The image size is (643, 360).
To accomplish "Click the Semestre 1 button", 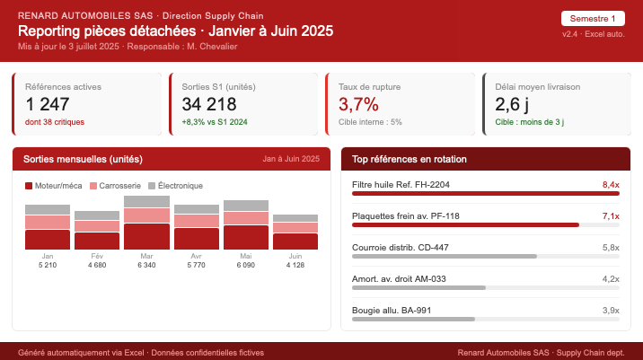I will (593, 18).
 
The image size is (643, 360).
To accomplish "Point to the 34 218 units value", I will (208, 104).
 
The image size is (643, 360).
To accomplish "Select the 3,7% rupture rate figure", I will (358, 104).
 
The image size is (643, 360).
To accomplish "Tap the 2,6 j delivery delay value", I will (512, 104).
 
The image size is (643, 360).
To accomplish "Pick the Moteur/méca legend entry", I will (53, 186).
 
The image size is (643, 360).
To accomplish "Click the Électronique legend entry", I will (175, 186).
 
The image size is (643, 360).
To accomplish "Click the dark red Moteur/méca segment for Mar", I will (146, 236).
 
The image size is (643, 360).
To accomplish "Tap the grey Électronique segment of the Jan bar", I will (48, 210).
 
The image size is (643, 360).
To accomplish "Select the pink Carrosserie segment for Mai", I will (246, 218).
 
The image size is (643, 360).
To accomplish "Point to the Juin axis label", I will (295, 256).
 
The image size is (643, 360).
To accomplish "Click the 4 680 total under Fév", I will (97, 265).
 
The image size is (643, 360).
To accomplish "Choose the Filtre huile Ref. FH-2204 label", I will (401, 185).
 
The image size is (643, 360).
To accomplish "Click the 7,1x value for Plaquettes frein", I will (611, 216).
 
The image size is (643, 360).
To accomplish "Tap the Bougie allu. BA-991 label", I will (392, 311).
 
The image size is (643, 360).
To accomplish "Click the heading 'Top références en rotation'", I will (409, 159).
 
